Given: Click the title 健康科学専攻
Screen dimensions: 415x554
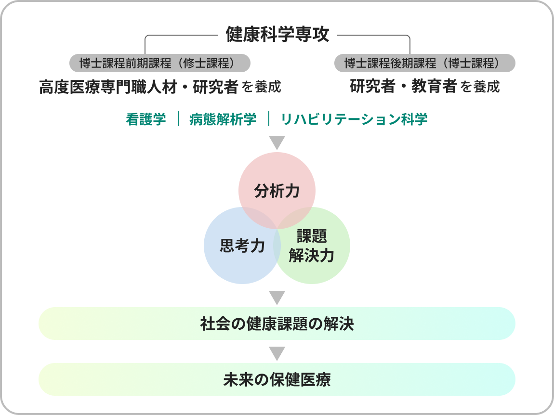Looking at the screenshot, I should (x=277, y=35).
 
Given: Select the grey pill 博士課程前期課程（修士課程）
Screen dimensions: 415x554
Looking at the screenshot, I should (x=160, y=63).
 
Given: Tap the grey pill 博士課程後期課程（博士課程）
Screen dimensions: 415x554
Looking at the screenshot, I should (x=424, y=63).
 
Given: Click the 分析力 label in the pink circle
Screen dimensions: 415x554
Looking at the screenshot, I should (x=277, y=191).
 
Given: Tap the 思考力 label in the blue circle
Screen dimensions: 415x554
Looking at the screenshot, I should (x=242, y=246).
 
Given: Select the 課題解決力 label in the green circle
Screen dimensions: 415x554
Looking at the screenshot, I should (x=312, y=246).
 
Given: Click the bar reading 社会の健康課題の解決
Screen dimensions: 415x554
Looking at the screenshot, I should (x=277, y=324).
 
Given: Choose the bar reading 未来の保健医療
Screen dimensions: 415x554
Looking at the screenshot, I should (x=277, y=380).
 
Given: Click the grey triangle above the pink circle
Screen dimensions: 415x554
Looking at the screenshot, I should (x=277, y=143).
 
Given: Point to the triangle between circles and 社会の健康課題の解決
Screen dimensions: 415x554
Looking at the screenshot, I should (x=277, y=297).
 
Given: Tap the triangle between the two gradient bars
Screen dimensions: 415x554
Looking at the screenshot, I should (x=277, y=353).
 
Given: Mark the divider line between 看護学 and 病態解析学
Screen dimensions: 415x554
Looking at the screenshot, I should (x=178, y=119).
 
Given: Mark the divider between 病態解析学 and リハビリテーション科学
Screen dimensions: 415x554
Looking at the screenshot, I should (x=269, y=119).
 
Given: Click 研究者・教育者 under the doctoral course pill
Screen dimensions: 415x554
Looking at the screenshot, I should (x=403, y=87).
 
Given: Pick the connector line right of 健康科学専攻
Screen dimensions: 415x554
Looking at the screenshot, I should (x=373, y=35).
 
